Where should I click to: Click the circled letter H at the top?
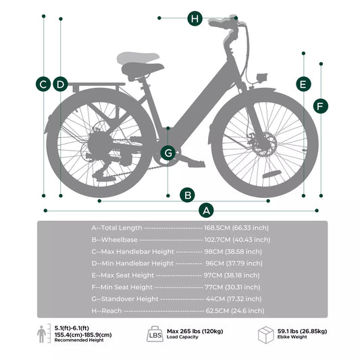point(195,18)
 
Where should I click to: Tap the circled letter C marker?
point(43,84)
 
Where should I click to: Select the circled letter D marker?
point(60,84)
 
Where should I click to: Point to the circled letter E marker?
point(303,84)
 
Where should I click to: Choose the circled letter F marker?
point(321,106)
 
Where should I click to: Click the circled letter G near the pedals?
point(168,153)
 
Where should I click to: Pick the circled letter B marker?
point(188,195)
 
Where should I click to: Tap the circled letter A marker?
point(206,210)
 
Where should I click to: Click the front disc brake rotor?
point(263,144)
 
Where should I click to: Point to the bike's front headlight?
point(262,78)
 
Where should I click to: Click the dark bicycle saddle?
point(143,70)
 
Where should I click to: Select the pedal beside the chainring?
point(196,163)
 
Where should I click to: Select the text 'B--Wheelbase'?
point(115,240)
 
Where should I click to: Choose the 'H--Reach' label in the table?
point(107,311)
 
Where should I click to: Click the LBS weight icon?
point(155,334)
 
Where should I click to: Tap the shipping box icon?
point(265,335)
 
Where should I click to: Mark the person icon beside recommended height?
point(41,334)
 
